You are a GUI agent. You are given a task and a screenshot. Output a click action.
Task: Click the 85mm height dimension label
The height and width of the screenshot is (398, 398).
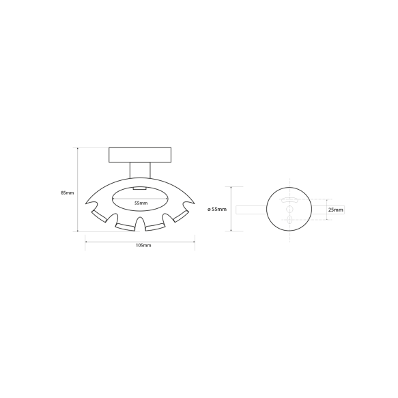pyautogui.click(x=68, y=193)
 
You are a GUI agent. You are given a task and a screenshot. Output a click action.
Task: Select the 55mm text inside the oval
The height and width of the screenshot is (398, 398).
pyautogui.click(x=141, y=203)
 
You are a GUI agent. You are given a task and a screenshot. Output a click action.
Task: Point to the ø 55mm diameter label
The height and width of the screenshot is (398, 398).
pyautogui.click(x=217, y=210)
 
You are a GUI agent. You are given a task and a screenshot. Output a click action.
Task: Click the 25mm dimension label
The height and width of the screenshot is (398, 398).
pyautogui.click(x=336, y=210)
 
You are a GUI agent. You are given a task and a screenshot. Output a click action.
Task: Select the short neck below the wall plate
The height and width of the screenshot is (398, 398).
pyautogui.click(x=140, y=170)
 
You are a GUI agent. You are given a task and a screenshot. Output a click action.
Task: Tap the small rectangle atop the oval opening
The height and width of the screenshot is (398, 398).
pyautogui.click(x=139, y=188)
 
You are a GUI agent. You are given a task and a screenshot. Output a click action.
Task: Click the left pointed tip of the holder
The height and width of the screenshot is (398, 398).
pyautogui.click(x=85, y=203)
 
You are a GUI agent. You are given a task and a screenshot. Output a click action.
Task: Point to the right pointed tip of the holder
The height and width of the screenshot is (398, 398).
pyautogui.click(x=194, y=203)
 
